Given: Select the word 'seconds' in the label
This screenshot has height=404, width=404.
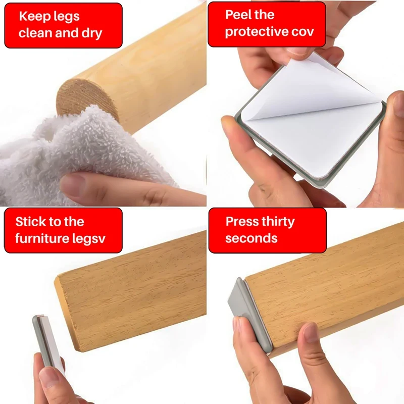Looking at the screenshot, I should [x=251, y=238].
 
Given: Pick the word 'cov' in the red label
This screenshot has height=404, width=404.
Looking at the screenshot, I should [x=302, y=31].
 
